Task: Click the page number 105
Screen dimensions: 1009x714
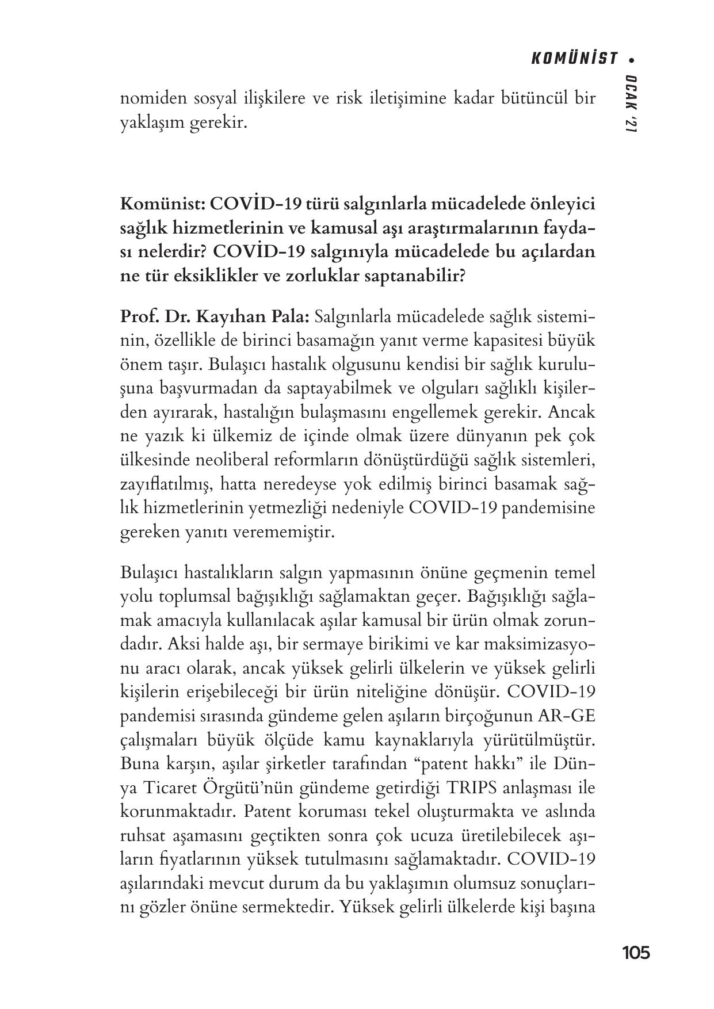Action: [x=636, y=953]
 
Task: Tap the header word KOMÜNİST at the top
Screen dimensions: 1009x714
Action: [x=573, y=59]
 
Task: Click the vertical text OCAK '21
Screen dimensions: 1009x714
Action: [x=631, y=105]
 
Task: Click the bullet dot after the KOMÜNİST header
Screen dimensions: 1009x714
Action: [x=633, y=59]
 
